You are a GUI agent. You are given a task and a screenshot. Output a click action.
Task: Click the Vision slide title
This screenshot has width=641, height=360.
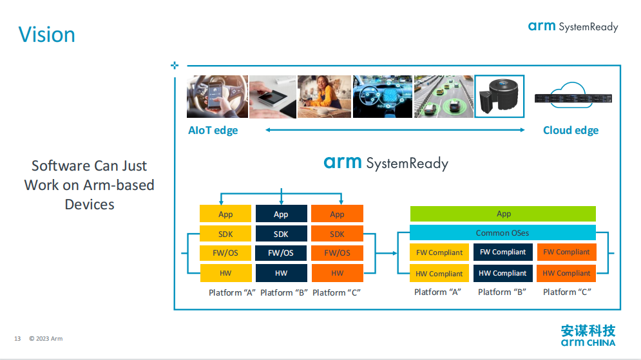pos(46,34)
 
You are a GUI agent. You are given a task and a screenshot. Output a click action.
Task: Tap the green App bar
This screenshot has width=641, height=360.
pos(503,214)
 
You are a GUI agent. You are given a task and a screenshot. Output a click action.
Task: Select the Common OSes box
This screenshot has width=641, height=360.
pos(502,232)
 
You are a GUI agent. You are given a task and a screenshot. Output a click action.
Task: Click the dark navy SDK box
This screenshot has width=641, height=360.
pos(282,234)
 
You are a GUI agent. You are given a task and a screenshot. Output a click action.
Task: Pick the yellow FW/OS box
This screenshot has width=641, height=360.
pos(225,253)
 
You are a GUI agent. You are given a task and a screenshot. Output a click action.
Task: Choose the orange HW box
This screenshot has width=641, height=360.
pos(338,273)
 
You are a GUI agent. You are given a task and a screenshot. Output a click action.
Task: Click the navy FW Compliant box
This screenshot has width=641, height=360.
pos(503,252)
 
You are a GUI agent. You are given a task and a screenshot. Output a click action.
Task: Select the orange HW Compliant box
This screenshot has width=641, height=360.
pos(566,273)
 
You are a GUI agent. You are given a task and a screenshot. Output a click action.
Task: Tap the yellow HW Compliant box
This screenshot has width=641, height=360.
pos(439,273)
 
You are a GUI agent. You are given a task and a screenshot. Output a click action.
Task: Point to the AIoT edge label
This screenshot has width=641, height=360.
pos(213,130)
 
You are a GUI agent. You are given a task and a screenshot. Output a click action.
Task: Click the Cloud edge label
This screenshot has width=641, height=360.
pos(571,130)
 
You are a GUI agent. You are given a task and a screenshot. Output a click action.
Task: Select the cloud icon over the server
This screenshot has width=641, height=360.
pos(571,95)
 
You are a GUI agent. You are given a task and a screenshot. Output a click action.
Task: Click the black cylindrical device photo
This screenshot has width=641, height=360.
pos(499,97)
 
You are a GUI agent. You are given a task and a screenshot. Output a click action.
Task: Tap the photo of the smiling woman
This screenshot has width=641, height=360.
pos(324,97)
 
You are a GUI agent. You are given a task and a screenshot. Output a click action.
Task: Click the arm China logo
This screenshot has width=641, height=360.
pos(588,336)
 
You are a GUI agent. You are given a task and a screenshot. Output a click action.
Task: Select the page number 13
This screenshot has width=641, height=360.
pos(17,338)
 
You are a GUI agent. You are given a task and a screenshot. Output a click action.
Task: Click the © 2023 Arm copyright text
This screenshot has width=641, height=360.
pos(46,338)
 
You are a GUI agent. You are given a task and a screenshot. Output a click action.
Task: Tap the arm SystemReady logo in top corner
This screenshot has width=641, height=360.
pos(573,26)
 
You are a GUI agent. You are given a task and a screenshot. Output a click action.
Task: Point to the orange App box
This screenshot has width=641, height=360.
pos(338,214)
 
